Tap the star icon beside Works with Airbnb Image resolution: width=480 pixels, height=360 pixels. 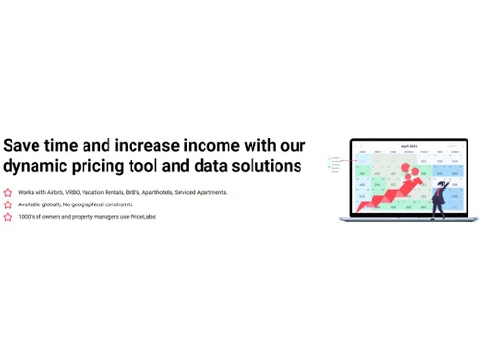[x=8, y=192]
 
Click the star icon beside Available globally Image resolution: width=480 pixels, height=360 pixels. [x=8, y=204]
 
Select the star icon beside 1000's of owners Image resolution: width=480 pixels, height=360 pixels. [x=8, y=217]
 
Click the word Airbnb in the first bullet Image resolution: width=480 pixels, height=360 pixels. [x=55, y=192]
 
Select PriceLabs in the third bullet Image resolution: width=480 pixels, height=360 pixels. [x=142, y=217]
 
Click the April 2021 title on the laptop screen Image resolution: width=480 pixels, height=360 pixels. [x=410, y=145]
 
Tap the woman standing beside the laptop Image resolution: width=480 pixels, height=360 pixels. [x=439, y=197]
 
